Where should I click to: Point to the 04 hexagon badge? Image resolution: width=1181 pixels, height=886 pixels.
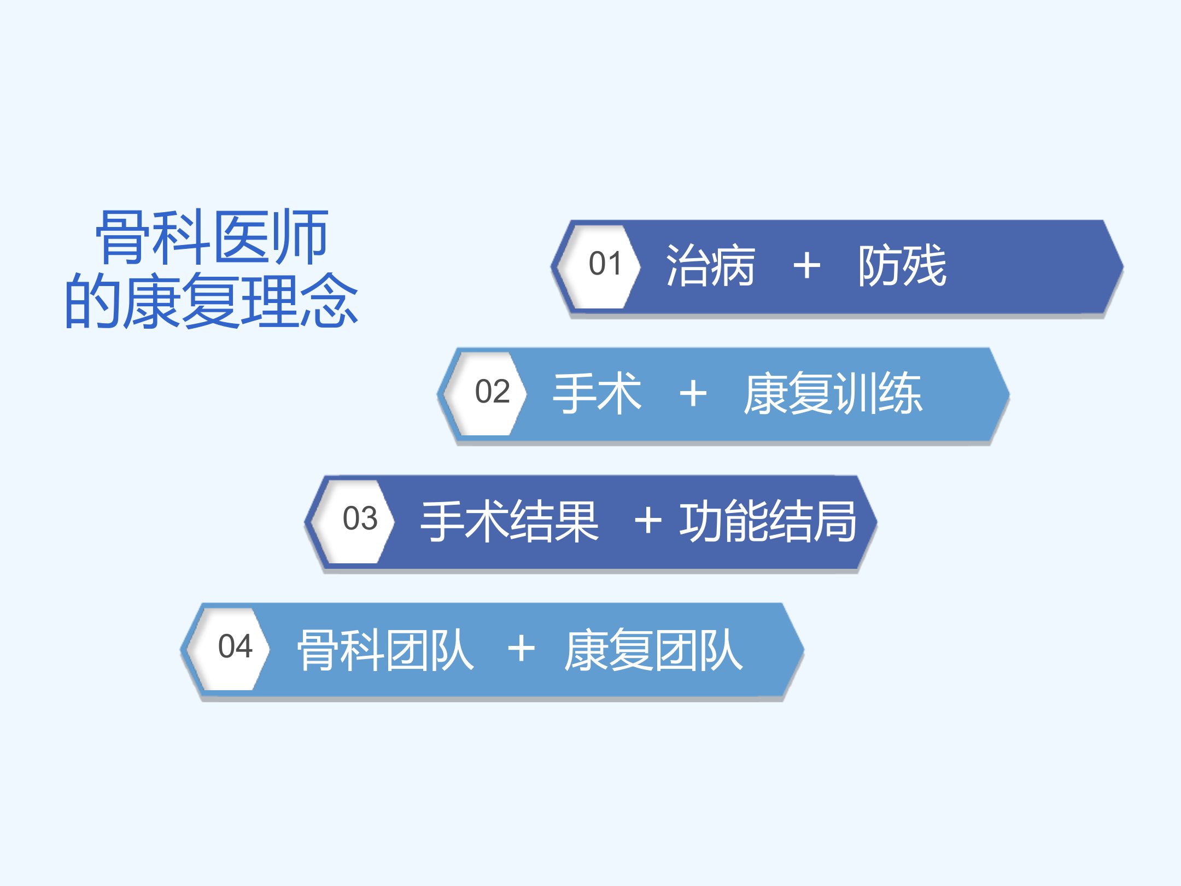(x=228, y=649)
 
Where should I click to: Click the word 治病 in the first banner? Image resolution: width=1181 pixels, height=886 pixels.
(x=710, y=266)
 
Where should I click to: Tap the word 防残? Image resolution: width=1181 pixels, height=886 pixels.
(x=902, y=266)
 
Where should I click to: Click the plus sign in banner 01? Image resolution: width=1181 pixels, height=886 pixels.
(x=807, y=266)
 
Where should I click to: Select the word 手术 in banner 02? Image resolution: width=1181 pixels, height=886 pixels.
(x=597, y=393)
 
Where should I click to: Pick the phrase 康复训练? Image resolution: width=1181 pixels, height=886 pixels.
(x=833, y=393)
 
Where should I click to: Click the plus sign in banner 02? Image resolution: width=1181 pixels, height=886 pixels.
(x=693, y=394)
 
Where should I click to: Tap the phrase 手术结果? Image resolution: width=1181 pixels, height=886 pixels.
(x=510, y=521)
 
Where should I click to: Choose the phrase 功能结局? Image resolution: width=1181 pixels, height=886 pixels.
(x=768, y=521)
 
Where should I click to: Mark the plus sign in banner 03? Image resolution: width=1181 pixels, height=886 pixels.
(x=648, y=520)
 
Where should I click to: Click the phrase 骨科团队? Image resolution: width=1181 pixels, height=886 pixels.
(x=385, y=649)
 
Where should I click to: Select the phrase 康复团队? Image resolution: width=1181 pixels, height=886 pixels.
(x=653, y=649)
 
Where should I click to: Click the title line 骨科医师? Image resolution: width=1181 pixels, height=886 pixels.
(x=212, y=237)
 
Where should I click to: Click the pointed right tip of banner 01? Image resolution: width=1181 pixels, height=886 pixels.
(x=1122, y=267)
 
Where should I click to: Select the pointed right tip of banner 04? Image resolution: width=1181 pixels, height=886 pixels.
(x=803, y=650)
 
